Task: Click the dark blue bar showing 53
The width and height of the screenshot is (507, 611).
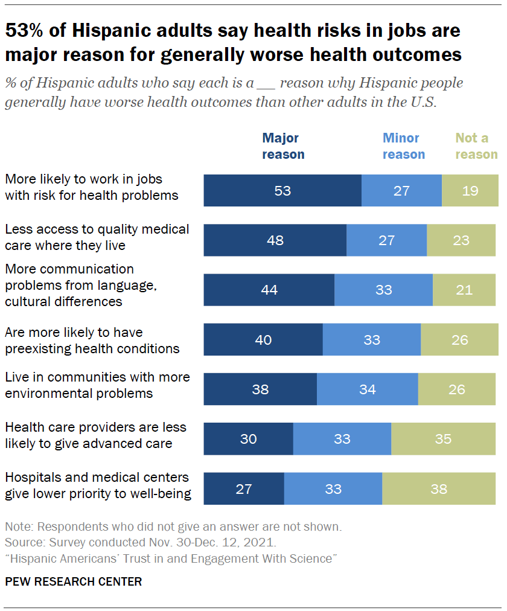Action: click(x=282, y=191)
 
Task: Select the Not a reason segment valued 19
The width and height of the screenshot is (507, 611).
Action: click(x=470, y=191)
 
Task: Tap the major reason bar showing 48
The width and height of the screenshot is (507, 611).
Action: click(x=275, y=240)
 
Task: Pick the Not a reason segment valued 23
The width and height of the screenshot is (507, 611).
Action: click(x=461, y=240)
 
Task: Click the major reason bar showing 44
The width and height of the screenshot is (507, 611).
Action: click(x=269, y=290)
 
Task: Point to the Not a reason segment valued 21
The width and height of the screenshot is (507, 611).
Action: click(x=464, y=290)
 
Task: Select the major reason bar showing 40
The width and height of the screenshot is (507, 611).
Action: click(x=263, y=339)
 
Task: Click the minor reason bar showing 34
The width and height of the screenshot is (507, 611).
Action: click(x=367, y=389)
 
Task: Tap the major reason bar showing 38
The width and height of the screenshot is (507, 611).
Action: click(x=260, y=389)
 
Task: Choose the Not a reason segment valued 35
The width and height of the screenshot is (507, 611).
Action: click(x=444, y=438)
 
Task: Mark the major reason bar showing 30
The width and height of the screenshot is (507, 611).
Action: click(x=248, y=438)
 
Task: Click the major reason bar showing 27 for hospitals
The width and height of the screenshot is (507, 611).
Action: click(x=244, y=488)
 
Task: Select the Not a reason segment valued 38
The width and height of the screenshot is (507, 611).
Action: click(x=439, y=488)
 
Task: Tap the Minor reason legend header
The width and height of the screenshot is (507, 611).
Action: click(x=403, y=146)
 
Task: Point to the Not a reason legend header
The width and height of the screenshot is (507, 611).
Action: click(x=476, y=146)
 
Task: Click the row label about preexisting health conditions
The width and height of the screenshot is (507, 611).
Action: click(x=92, y=340)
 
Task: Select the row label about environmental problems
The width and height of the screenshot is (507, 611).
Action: click(x=97, y=385)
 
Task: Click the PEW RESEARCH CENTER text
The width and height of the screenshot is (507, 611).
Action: click(x=73, y=581)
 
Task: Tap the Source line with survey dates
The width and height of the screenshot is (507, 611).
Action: click(x=140, y=542)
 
